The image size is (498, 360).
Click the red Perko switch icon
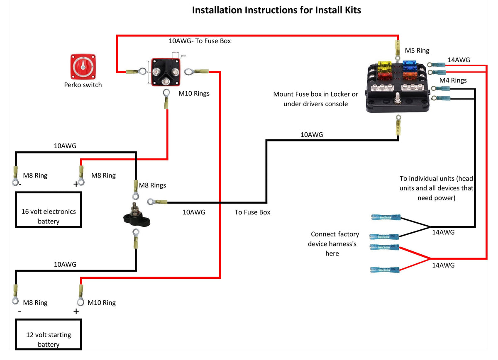coord(83,66)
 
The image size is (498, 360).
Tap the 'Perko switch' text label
coord(83,85)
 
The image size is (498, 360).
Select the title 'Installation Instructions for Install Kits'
coord(276,10)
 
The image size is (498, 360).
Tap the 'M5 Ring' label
coord(417,51)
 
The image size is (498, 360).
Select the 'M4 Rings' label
coord(453,80)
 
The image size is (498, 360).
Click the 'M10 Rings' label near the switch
coord(194,94)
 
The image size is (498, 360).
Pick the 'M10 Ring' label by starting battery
coord(101,303)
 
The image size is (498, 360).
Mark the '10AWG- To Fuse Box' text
coord(200,41)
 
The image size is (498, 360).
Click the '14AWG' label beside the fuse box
coord(459,60)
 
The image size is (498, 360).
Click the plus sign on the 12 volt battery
coord(76,311)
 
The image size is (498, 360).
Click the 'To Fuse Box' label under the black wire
coord(252,212)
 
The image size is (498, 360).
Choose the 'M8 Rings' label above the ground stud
coord(152,185)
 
